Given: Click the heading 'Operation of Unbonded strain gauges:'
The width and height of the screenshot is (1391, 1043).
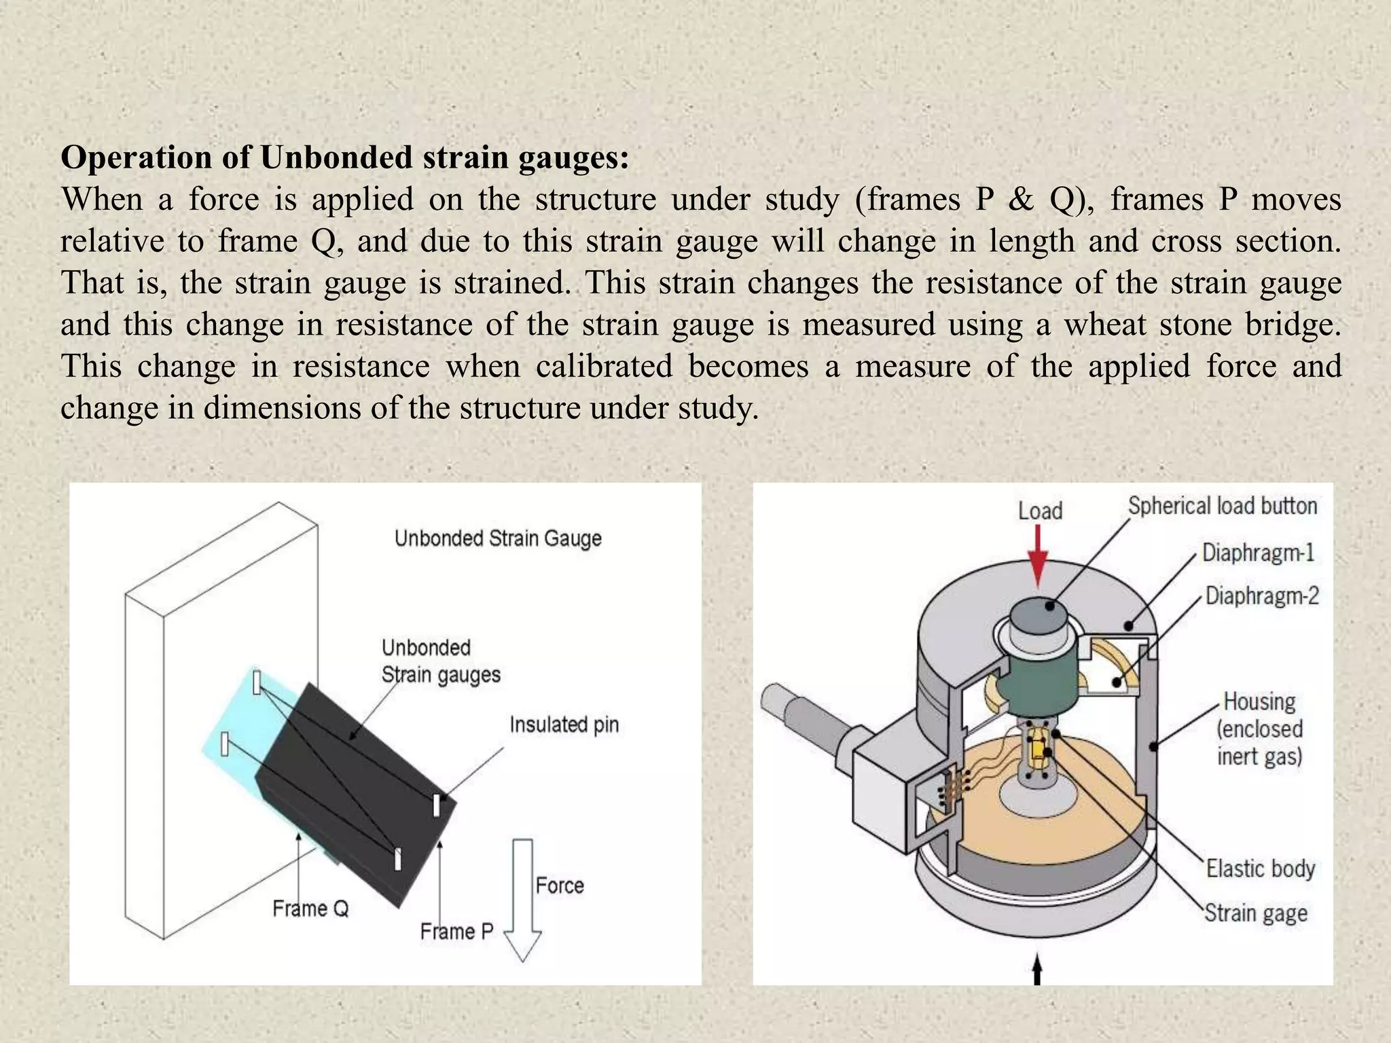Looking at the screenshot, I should tap(345, 158).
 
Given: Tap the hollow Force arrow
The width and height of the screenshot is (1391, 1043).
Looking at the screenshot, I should tap(522, 903).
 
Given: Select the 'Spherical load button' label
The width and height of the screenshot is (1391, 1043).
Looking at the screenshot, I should tap(1223, 506).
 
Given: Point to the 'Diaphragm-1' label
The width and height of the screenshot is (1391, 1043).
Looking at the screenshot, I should tap(1258, 552).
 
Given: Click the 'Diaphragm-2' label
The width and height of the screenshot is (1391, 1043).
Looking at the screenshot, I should tap(1261, 596).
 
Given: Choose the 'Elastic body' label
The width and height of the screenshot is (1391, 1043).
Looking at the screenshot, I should tap(1260, 868).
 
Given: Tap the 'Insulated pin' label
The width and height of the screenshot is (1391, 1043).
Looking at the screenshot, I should tap(564, 725).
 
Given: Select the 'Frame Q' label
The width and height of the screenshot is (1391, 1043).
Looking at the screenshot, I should tap(310, 909).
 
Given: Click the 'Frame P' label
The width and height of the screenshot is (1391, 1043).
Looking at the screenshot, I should tap(456, 931).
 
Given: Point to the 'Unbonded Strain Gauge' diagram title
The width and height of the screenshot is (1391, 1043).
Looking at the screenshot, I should tap(498, 538).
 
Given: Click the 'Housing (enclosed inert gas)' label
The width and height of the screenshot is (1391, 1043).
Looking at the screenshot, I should tap(1259, 729).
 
